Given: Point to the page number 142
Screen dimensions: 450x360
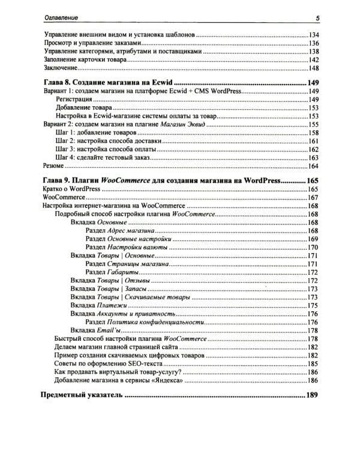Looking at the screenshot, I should (312, 61).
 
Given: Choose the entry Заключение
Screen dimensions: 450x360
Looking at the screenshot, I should (60, 69).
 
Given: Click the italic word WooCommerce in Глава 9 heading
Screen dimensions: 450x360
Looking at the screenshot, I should (124, 180).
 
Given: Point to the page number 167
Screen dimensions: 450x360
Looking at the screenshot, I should (312, 197).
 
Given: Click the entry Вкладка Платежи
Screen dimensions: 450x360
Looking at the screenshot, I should (98, 305).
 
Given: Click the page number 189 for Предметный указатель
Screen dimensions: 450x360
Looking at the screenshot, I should (312, 396).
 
